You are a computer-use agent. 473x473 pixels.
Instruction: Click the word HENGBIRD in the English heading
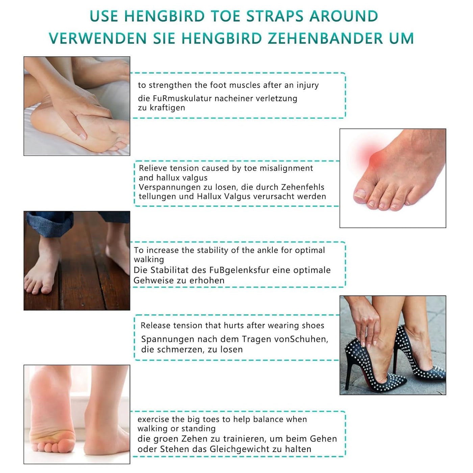point(165,16)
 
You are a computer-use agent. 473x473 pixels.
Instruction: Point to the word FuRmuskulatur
point(182,98)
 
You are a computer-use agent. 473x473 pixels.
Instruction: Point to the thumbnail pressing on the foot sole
point(82,136)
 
